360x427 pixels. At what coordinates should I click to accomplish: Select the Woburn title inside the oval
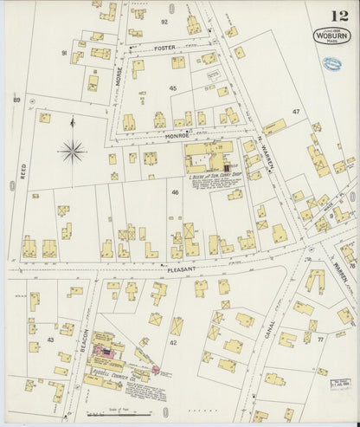332,37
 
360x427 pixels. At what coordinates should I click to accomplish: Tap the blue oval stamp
331,63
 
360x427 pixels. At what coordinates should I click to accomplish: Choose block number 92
164,21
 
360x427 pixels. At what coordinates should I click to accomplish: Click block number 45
172,88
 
